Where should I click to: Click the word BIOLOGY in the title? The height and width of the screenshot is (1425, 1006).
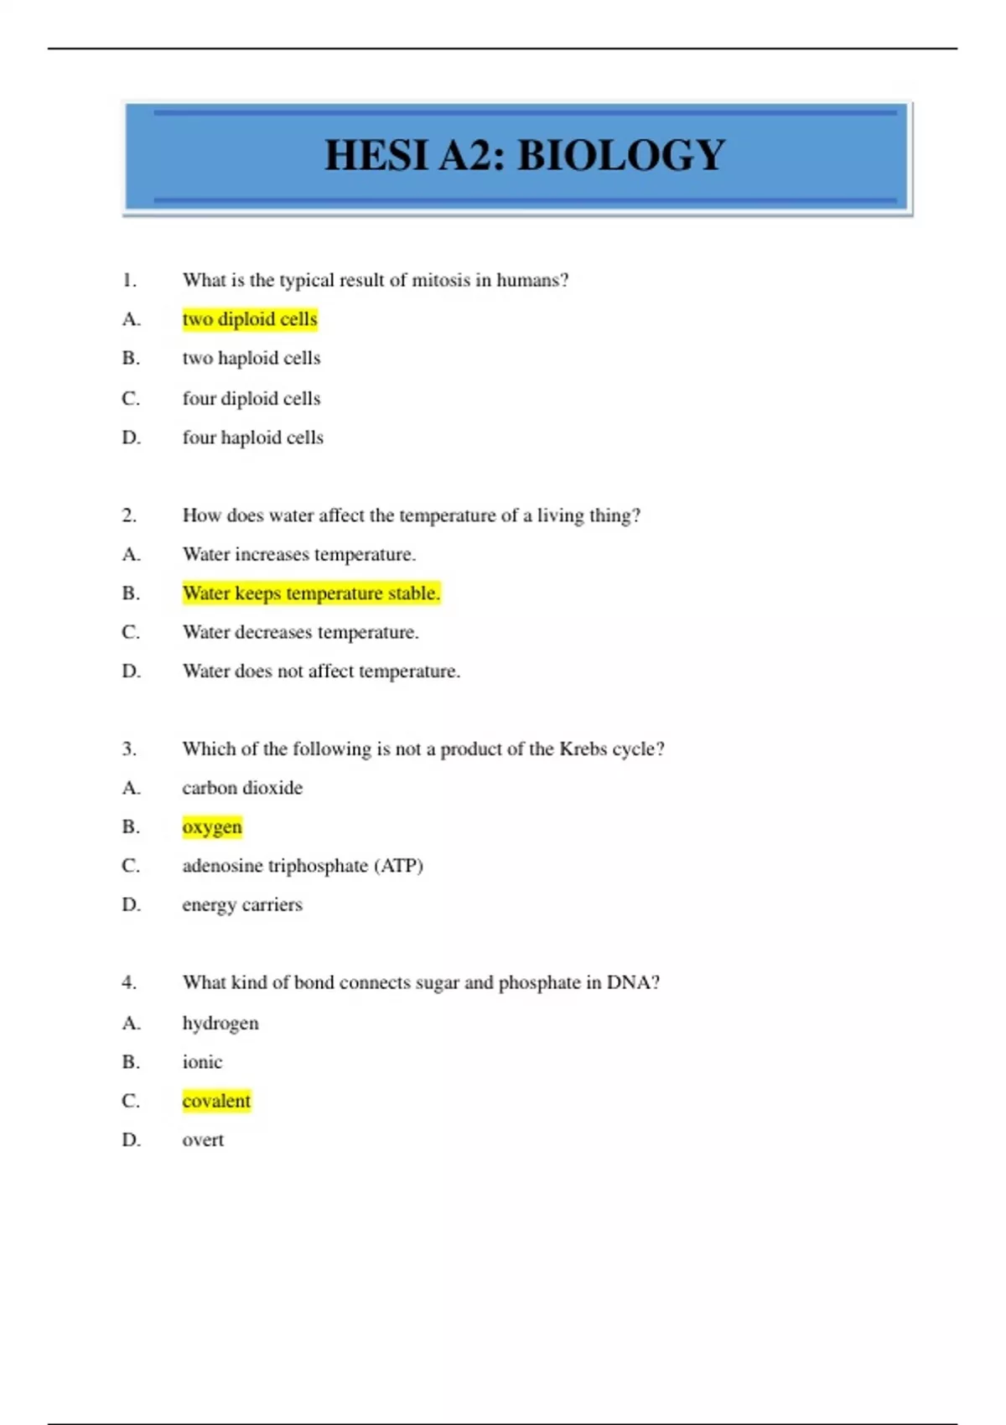point(621,156)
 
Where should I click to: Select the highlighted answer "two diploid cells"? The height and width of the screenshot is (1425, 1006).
point(250,319)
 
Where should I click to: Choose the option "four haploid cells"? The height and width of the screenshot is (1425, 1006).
point(252,438)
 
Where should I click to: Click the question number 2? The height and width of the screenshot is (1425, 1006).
point(129,516)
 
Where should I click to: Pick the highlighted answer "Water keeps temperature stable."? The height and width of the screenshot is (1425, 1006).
point(311,593)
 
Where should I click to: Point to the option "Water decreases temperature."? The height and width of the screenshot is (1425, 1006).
point(300,632)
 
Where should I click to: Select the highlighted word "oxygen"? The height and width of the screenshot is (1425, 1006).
point(212,827)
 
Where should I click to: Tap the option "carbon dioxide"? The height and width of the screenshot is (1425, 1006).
point(242,788)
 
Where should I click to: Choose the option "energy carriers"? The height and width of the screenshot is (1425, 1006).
point(242,905)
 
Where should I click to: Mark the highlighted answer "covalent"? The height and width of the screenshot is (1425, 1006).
point(216,1101)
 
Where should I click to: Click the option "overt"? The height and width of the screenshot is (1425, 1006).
point(203,1140)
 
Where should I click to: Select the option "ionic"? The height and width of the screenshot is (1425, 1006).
point(202,1062)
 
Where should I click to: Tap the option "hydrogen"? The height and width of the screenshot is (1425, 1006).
point(220,1023)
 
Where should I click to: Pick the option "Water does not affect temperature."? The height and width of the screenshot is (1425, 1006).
point(321,671)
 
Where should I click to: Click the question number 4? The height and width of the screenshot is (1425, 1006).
point(129,982)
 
